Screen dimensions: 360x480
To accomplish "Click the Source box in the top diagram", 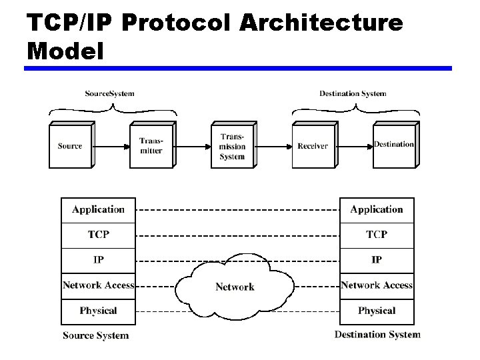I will (x=70, y=146).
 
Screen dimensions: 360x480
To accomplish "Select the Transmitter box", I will (x=151, y=146).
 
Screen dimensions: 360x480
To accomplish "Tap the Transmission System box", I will (x=232, y=146).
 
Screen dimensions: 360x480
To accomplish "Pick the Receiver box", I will (x=313, y=146).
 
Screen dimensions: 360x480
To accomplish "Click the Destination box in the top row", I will (x=393, y=145).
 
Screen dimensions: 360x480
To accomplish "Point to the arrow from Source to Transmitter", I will (x=111, y=145).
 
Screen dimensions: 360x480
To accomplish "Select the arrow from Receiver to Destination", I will (x=353, y=145).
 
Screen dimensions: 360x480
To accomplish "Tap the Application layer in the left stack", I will (x=98, y=209).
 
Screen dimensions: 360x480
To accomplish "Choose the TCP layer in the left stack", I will (x=98, y=235).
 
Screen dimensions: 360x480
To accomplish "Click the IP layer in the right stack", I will (x=377, y=259).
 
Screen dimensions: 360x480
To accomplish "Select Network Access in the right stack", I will (x=377, y=285).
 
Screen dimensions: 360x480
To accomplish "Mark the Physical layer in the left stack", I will (x=98, y=311).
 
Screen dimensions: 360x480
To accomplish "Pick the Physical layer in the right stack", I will (x=377, y=311).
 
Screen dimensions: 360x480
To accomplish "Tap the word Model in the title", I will (x=65, y=50).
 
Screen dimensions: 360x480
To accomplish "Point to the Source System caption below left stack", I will (x=95, y=335).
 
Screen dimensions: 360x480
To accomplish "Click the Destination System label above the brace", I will (x=353, y=93).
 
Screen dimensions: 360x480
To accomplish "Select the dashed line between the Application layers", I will (x=237, y=210).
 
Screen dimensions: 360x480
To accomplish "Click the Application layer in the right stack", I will (x=377, y=209).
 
